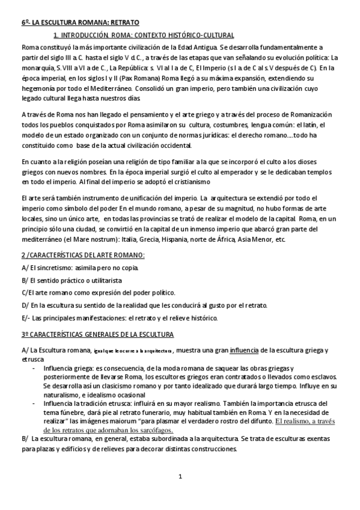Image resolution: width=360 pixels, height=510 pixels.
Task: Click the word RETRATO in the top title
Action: point(123,22)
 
